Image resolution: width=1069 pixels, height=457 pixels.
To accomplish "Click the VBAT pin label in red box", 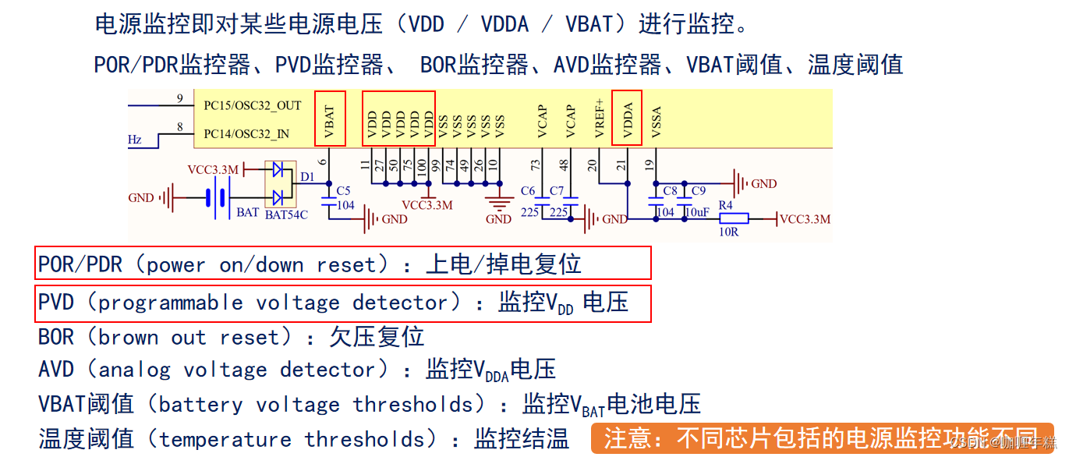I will [330, 119].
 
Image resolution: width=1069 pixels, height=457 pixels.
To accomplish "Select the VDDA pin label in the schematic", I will [628, 119].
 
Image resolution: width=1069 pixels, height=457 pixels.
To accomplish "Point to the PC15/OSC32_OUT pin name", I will [252, 105].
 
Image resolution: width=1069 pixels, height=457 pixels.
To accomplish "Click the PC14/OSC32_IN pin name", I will [246, 134].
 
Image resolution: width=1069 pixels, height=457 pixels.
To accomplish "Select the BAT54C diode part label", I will [286, 214].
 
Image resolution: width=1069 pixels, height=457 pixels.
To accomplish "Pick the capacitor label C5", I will [343, 190].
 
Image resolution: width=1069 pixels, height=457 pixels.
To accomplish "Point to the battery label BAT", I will [248, 212].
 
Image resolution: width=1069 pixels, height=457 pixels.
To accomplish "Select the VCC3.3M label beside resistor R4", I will [805, 219].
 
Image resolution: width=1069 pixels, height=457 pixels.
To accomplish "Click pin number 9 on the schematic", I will [179, 98].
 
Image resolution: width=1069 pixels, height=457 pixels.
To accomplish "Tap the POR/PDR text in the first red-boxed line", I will [80, 264].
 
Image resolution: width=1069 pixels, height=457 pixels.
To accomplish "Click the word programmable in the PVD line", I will [171, 303].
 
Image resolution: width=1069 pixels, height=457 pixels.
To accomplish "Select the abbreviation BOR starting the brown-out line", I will [56, 337].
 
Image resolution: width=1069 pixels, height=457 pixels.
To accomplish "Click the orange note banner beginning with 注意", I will [822, 438].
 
